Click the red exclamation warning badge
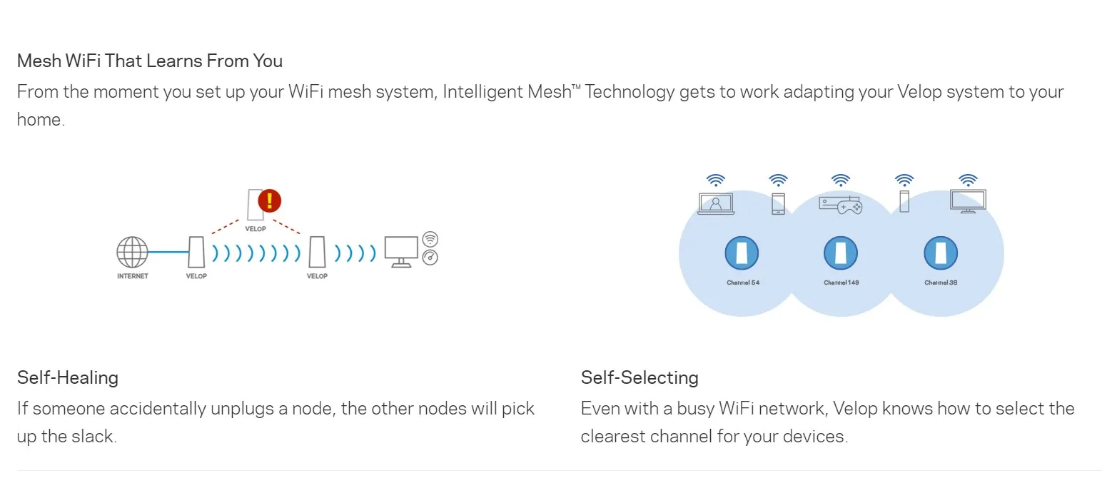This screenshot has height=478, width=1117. [269, 200]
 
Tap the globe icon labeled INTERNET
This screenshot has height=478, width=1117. [132, 253]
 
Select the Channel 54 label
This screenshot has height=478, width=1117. [742, 283]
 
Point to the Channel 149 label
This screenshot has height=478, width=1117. [841, 283]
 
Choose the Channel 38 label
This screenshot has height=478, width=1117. [941, 283]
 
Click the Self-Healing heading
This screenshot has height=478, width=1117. [68, 377]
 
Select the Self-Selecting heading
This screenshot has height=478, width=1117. [640, 377]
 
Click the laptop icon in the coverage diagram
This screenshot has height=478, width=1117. [715, 204]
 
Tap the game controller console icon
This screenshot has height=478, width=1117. [841, 205]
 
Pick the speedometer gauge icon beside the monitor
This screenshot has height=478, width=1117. [430, 258]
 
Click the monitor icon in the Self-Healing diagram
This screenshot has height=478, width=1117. [400, 251]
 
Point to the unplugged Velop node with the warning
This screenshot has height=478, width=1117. [255, 205]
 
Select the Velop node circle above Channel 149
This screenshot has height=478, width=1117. [841, 253]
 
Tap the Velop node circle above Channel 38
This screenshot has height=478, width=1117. [941, 253]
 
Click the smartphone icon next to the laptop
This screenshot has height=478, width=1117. [778, 203]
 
